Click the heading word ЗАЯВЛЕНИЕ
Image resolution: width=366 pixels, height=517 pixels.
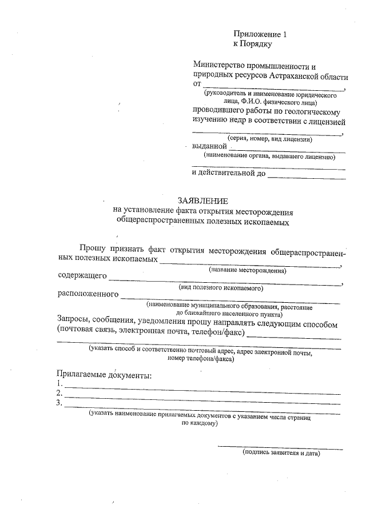202,201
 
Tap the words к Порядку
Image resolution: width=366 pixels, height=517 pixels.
252,43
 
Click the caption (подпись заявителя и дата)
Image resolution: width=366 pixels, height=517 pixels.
280,453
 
